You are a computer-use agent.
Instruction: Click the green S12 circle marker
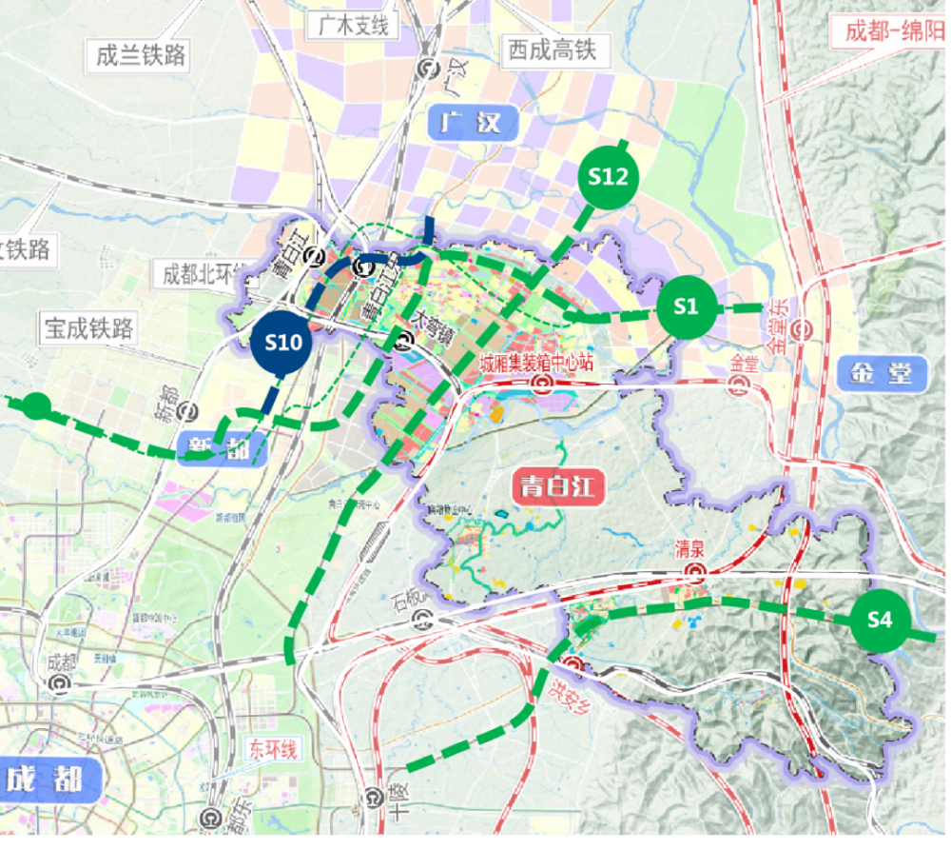pos(608,177)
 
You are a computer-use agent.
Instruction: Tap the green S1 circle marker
pos(686,306)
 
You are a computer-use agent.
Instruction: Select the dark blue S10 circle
pos(282,343)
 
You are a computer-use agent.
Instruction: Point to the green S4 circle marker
pos(880,621)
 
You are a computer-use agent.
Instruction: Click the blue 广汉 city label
pos(474,123)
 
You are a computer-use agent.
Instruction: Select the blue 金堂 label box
pos(882,372)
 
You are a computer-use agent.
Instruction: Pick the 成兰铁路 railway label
pos(140,54)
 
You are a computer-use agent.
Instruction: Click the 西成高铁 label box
pos(552,49)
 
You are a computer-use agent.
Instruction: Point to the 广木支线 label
pos(349,26)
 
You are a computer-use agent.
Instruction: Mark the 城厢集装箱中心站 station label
pos(536,364)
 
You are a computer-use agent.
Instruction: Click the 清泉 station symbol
pos(697,572)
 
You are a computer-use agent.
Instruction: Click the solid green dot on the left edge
pos(36,405)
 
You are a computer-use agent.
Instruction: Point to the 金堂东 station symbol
pos(805,330)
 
